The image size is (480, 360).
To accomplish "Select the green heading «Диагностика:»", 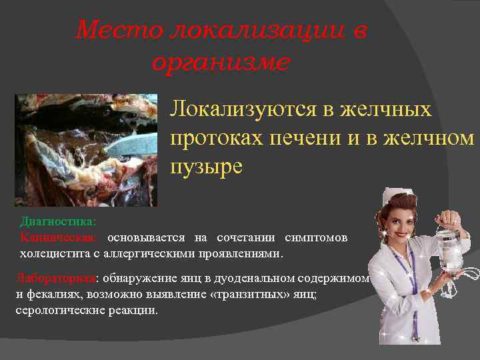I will click(x=58, y=221).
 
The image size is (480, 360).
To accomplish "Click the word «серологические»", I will click(x=60, y=311).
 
